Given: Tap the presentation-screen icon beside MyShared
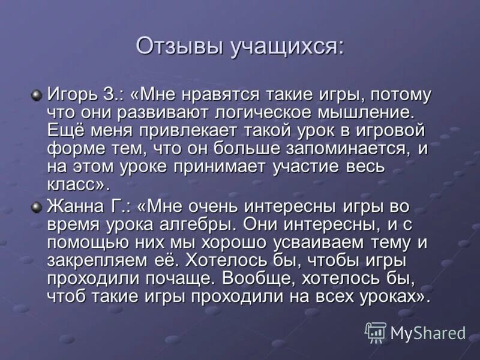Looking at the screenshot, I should coord(376,332).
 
